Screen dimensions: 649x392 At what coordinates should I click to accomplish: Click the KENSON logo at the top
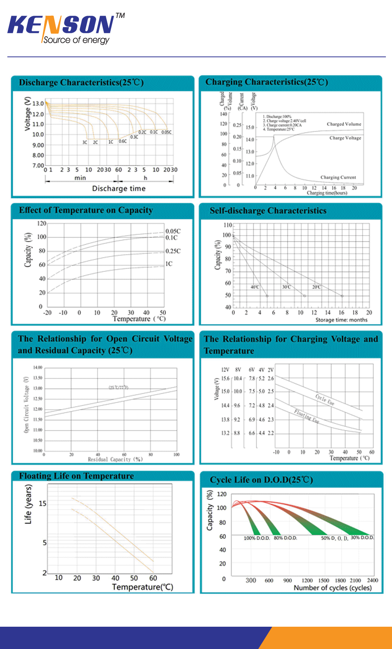click(61, 25)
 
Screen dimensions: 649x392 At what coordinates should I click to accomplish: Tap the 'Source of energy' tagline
click(76, 40)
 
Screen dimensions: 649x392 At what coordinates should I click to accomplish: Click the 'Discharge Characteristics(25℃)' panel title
click(81, 83)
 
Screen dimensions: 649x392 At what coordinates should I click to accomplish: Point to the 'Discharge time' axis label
click(119, 189)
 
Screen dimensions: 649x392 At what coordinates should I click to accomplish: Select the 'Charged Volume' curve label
click(344, 124)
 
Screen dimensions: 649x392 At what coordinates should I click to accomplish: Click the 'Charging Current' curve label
click(338, 177)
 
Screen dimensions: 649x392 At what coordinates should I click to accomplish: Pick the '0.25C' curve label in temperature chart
click(173, 251)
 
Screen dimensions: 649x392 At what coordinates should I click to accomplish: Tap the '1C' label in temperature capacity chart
click(169, 264)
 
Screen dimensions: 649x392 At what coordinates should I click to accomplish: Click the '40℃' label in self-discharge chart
click(255, 287)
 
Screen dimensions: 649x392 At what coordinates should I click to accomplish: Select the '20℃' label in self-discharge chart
click(316, 287)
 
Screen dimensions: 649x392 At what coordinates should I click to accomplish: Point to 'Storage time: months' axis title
click(341, 320)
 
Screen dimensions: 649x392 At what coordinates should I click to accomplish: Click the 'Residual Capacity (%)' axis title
click(115, 459)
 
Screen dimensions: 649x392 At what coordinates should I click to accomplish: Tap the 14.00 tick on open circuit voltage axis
click(38, 368)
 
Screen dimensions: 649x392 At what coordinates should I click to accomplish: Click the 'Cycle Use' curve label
click(325, 399)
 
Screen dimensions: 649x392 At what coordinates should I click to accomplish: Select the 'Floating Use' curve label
click(306, 416)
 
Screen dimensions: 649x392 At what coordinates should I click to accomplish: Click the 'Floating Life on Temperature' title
click(77, 476)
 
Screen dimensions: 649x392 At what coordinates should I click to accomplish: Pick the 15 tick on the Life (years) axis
click(42, 503)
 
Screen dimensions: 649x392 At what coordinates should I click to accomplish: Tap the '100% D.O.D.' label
click(257, 538)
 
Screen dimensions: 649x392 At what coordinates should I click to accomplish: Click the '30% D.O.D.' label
click(362, 538)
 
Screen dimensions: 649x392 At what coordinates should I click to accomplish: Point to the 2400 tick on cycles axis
click(372, 580)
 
